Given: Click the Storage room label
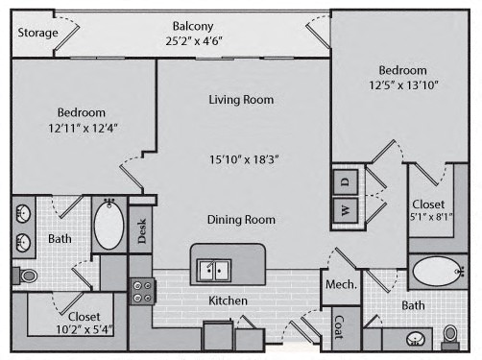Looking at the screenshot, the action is coord(37,33).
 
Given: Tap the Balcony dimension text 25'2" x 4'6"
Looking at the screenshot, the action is coord(194,41).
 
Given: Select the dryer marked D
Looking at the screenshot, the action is coord(346,181).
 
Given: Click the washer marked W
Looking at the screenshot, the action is coord(346,210).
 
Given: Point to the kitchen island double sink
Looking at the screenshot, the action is coord(214,271).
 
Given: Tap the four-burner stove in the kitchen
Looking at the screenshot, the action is coord(142,291).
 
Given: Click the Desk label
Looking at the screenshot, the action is coord(142,230).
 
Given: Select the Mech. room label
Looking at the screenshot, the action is coord(341,284).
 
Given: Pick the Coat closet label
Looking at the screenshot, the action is coord(339,327).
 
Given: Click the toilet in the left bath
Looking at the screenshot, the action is coord(25,276).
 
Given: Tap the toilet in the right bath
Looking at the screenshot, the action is coord(450,337).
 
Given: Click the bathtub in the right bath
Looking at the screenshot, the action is coord(438,272).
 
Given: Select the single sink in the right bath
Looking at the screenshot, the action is coord(416,339).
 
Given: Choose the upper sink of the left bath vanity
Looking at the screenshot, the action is coord(23,213).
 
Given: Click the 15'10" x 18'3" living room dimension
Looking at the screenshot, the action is coord(244,159).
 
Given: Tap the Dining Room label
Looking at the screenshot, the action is coord(241,220).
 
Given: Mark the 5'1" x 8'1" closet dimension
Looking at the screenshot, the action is coord(431,217).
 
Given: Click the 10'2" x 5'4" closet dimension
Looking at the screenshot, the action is coord(84,329).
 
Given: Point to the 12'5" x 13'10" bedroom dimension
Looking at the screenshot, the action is coord(403,85).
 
